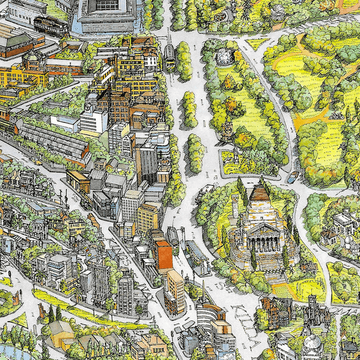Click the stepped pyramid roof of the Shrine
260,195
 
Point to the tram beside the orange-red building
174,240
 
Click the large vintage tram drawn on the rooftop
50,25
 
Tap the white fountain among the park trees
224,57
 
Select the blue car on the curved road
292,178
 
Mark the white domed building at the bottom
312,345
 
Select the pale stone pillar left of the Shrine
236,156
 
